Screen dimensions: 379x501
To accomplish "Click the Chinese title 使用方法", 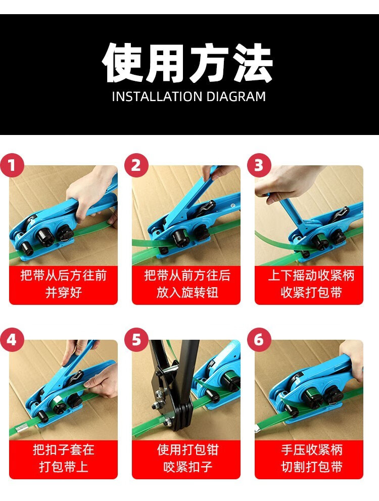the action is pyautogui.click(x=188, y=63).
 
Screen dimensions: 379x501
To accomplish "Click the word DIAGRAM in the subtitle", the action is pyautogui.click(x=236, y=97).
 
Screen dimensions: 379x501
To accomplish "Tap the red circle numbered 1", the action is pyautogui.click(x=12, y=165).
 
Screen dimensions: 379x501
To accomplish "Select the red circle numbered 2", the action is pyautogui.click(x=136, y=165).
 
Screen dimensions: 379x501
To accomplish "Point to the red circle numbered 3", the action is pyautogui.click(x=259, y=165).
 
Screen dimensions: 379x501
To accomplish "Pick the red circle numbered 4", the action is pyautogui.click(x=12, y=339).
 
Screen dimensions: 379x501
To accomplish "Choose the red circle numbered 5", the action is pyautogui.click(x=136, y=339).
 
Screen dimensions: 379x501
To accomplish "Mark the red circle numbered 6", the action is pyautogui.click(x=259, y=339).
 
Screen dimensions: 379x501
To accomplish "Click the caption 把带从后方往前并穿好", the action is pyautogui.click(x=63, y=284).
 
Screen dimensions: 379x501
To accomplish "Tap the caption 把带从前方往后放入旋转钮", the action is pyautogui.click(x=187, y=284).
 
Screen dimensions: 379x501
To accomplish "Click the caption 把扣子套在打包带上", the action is pyautogui.click(x=63, y=458).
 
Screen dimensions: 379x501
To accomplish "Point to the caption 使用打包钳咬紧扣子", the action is pyautogui.click(x=187, y=458).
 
